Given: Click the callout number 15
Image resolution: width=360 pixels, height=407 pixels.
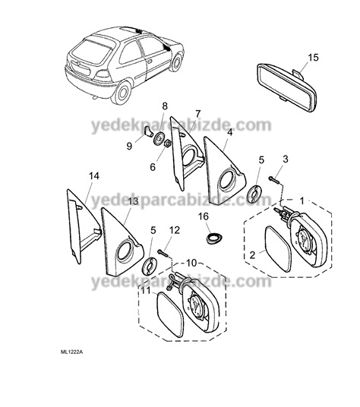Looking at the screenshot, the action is (x=313, y=58).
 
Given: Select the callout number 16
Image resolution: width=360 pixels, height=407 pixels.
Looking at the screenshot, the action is (x=204, y=216).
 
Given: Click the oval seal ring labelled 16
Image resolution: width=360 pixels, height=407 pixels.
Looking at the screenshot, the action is (x=214, y=238).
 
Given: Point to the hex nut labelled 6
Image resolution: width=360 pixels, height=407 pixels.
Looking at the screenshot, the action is (x=167, y=144).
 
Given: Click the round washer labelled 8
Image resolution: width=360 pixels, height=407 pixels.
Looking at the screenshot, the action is (x=158, y=138).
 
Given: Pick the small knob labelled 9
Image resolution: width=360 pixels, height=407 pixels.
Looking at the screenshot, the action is (x=148, y=131).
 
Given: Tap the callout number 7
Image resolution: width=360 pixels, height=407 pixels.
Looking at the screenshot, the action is (x=197, y=114).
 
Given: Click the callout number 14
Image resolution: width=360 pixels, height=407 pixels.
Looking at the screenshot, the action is (x=94, y=175).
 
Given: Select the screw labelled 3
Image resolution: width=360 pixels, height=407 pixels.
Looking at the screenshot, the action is (x=275, y=179).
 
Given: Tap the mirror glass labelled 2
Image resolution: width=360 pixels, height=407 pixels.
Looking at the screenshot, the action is (x=278, y=249).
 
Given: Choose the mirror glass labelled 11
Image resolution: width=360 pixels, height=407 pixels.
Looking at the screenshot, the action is (x=170, y=314).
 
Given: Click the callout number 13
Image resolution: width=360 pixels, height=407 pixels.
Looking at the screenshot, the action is (x=134, y=201).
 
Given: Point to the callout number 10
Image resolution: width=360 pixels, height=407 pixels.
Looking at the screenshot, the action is (x=191, y=263).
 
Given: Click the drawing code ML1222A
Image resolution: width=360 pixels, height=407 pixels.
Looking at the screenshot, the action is (x=68, y=352).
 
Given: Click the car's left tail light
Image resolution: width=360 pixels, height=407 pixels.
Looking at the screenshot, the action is (x=103, y=74).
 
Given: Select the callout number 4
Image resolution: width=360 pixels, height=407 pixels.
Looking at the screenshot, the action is (x=229, y=132).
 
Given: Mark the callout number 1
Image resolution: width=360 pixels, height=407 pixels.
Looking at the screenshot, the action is (x=302, y=200).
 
